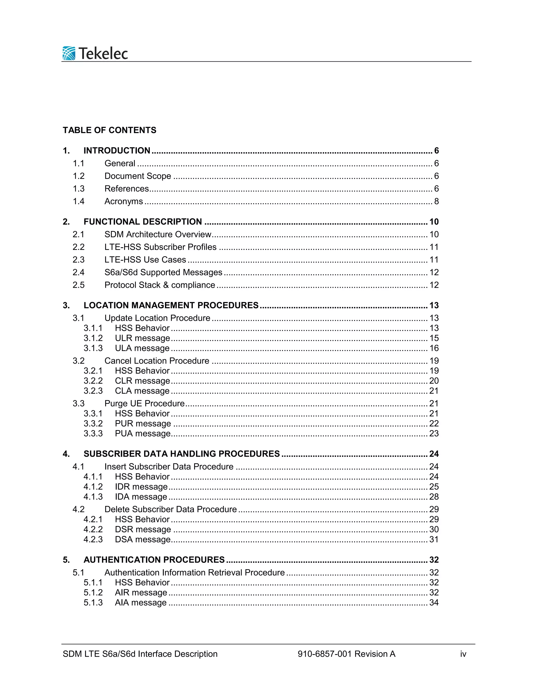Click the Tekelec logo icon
tap(69, 53)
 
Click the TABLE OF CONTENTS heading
tap(109, 130)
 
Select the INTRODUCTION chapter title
tap(117, 151)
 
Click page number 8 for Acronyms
tap(436, 201)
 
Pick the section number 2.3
tap(79, 260)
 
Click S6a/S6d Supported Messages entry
tap(163, 272)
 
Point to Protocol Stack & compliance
tap(160, 285)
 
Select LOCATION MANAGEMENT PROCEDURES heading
tap(171, 305)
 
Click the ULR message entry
tap(142, 338)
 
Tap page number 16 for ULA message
tap(434, 348)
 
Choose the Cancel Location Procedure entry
tap(157, 361)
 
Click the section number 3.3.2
tap(93, 423)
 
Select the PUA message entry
tap(142, 434)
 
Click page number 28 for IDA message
tap(434, 497)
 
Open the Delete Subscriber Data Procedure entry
tap(170, 509)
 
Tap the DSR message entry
tap(143, 529)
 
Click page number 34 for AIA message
tap(434, 603)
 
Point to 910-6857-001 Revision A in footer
tap(346, 654)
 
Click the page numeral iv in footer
tap(463, 654)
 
